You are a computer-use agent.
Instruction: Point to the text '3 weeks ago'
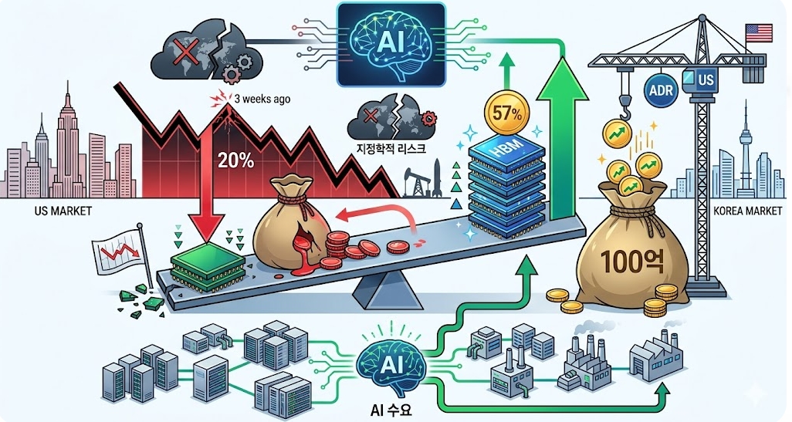click(x=262, y=100)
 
